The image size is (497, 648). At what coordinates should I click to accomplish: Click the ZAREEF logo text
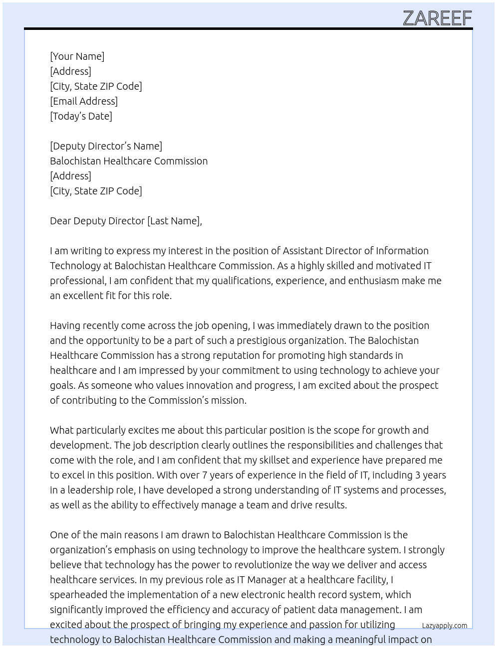click(x=437, y=18)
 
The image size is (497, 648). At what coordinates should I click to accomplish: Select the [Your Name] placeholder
click(x=77, y=56)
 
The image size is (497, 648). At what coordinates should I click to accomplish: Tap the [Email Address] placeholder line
click(x=84, y=101)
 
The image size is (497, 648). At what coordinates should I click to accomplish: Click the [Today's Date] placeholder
click(x=81, y=116)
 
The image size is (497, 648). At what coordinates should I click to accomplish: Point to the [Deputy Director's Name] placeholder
click(x=106, y=146)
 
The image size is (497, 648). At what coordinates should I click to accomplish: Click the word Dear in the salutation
click(x=60, y=221)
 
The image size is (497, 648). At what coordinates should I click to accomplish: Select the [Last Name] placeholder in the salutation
click(x=173, y=221)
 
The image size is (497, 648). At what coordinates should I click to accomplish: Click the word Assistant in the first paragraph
click(x=302, y=251)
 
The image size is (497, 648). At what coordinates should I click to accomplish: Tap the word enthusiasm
click(x=373, y=281)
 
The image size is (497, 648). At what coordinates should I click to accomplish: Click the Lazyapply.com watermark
click(x=445, y=626)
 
